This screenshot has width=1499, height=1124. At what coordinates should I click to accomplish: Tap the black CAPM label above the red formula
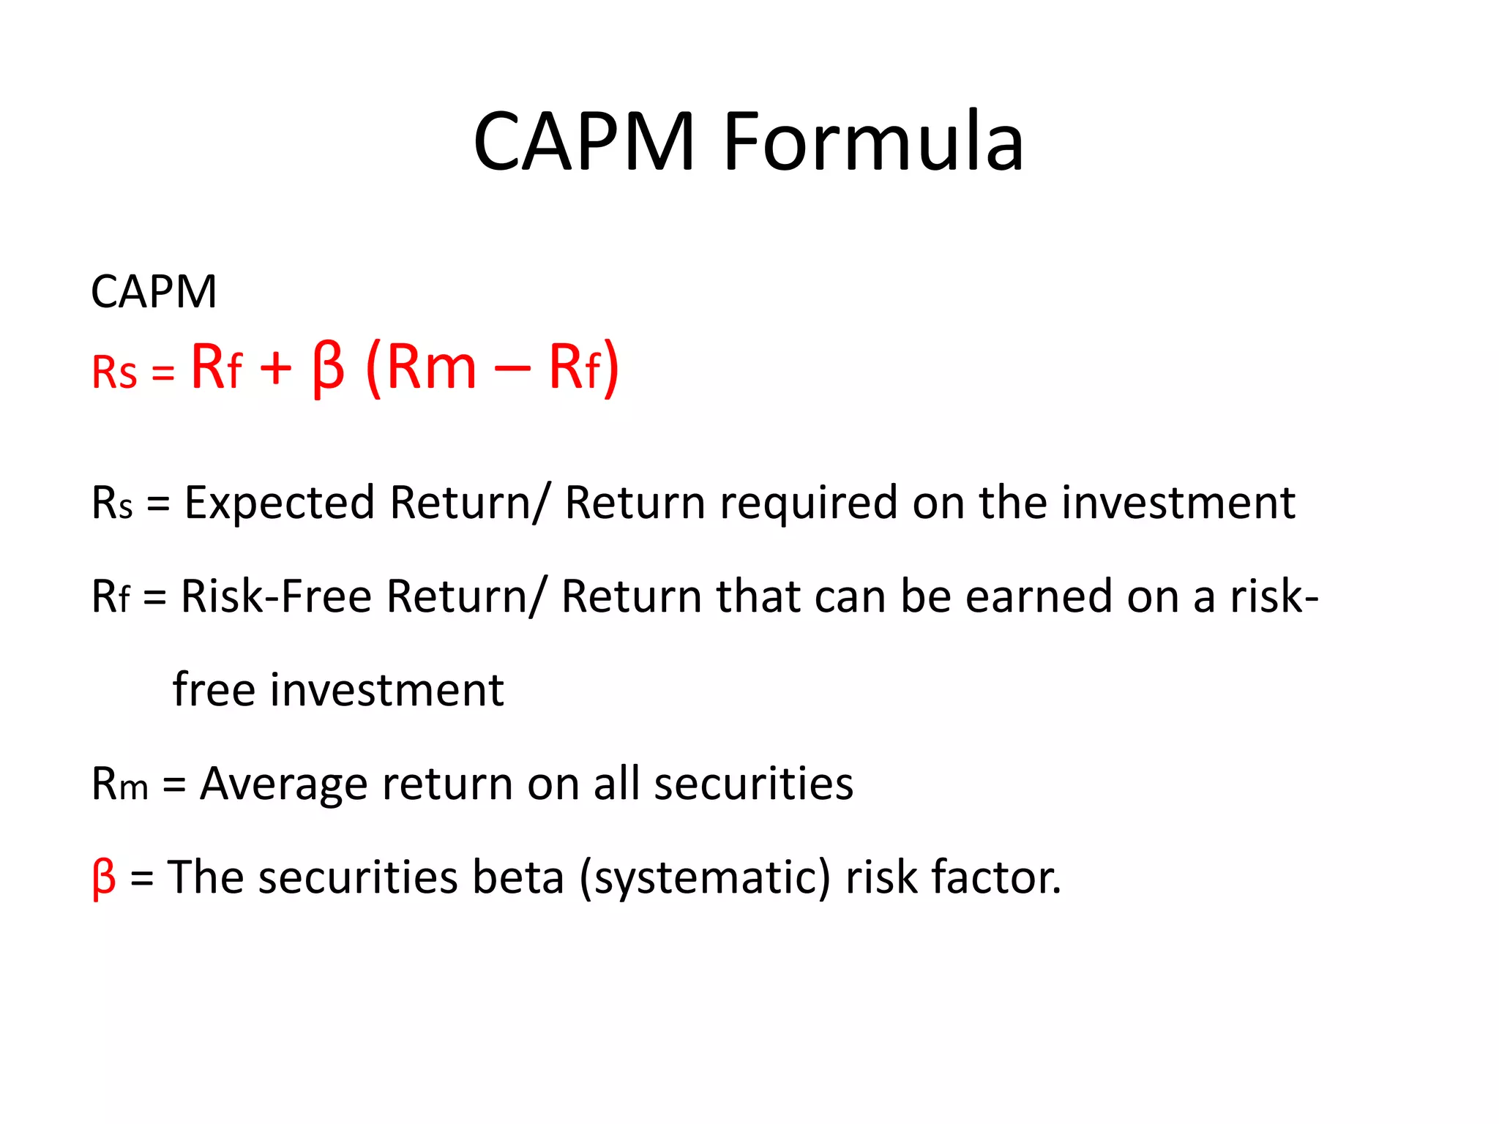154,292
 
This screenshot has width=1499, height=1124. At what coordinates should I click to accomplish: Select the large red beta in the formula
328,368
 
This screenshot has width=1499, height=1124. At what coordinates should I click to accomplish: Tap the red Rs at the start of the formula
114,372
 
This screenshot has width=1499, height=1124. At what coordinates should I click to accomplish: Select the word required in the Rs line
808,503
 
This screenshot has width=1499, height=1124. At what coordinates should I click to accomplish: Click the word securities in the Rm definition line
753,783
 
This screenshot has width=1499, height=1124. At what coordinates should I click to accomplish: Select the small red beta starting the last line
104,877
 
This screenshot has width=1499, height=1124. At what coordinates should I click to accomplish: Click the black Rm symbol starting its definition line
119,784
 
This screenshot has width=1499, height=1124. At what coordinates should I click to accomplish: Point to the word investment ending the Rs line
1178,503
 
